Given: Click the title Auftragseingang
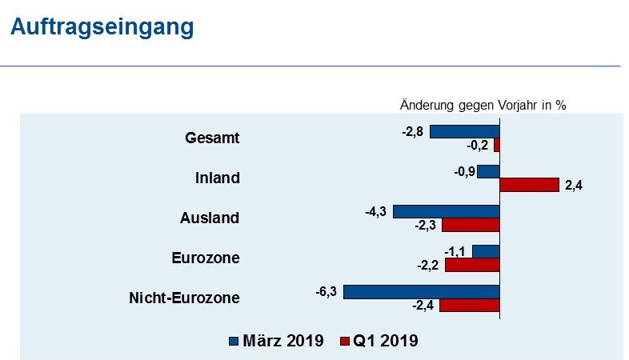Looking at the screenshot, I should pyautogui.click(x=102, y=26).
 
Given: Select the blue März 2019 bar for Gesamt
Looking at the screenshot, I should pyautogui.click(x=464, y=131).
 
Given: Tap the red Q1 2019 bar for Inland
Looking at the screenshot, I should pyautogui.click(x=529, y=185).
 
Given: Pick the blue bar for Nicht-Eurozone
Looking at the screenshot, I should pyautogui.click(x=421, y=292).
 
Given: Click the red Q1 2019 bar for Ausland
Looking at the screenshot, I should pyautogui.click(x=471, y=225).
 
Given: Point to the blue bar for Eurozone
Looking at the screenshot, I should pyautogui.click(x=486, y=251).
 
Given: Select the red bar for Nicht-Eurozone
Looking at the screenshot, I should pyautogui.click(x=469, y=306).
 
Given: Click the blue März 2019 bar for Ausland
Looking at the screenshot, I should pyautogui.click(x=446, y=211).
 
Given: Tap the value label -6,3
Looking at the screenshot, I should pyautogui.click(x=327, y=291).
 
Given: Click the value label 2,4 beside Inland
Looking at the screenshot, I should pyautogui.click(x=573, y=186).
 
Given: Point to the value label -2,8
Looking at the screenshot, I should pyautogui.click(x=412, y=130).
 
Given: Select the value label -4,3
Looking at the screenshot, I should pyautogui.click(x=375, y=211).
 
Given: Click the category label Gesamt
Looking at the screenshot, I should pyautogui.click(x=212, y=138).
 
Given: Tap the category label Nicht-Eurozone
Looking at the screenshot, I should pyautogui.click(x=184, y=298).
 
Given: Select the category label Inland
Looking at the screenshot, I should pyautogui.click(x=217, y=178).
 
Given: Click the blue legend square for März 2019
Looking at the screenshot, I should pyautogui.click(x=234, y=341).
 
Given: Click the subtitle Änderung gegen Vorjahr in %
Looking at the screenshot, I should pyautogui.click(x=483, y=105).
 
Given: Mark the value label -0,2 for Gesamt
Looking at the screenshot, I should pyautogui.click(x=477, y=146).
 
